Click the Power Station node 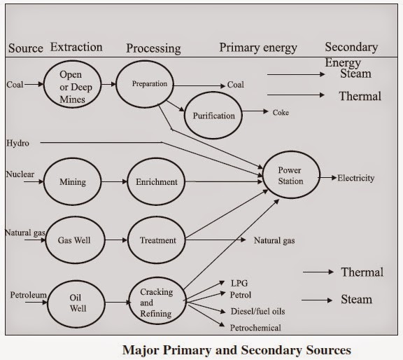(290, 176)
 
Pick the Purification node (214, 116)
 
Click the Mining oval (72, 181)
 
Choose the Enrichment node (157, 182)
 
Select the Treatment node (157, 240)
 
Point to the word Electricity (356, 178)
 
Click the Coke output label (281, 112)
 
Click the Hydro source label (17, 143)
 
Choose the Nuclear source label (19, 174)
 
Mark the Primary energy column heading (258, 48)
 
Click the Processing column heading (153, 48)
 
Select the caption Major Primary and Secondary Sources (236, 349)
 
